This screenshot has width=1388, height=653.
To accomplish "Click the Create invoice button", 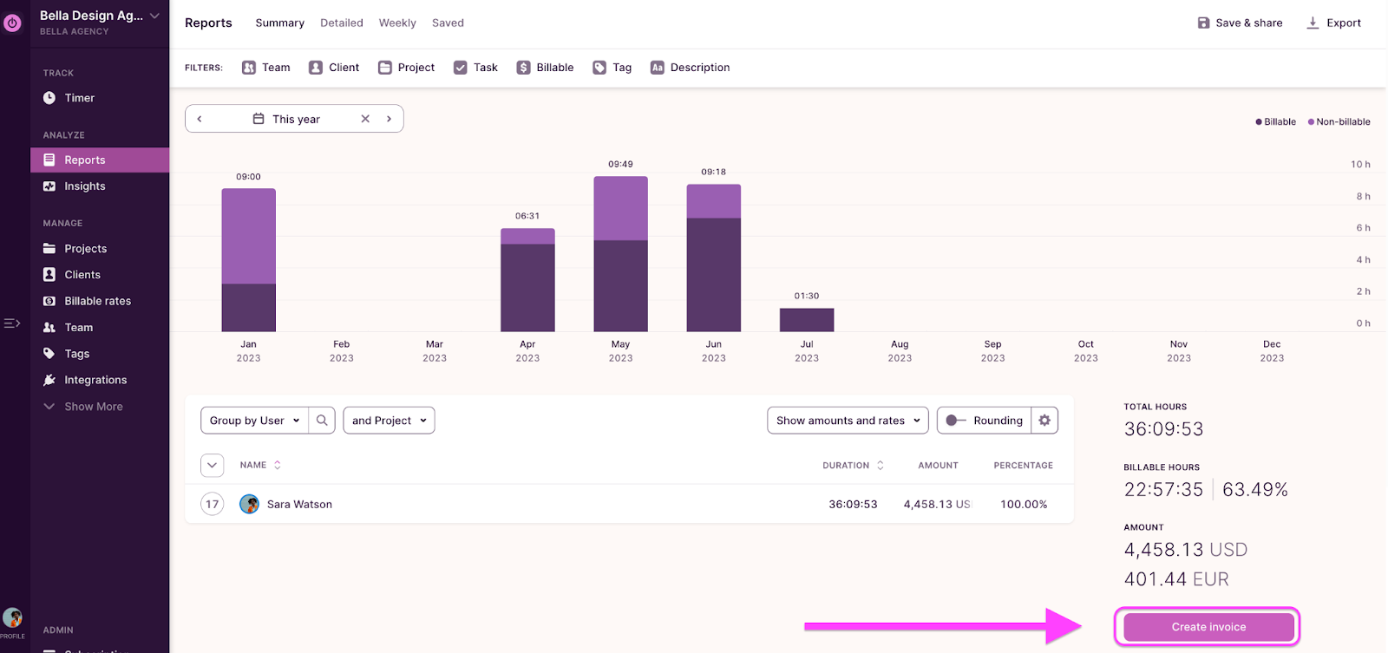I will coord(1208,627).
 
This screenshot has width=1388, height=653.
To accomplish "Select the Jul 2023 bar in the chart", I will coord(807,320).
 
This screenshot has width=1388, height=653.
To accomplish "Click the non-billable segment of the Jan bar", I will coord(248,236).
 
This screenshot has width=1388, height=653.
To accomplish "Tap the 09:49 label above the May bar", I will coord(620,164).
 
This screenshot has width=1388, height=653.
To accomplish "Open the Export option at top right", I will coord(1334,23).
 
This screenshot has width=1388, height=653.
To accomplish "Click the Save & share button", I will coord(1240,23).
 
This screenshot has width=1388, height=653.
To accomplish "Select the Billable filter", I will coord(546,68).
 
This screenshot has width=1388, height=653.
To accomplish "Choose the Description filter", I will coord(691,68).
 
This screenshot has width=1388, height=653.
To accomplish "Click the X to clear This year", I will coord(365,119).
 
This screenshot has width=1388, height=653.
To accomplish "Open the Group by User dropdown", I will coord(254,421).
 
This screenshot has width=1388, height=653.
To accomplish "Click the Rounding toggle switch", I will coord(956,421).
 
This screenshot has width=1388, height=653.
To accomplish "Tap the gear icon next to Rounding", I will coord(1044,421).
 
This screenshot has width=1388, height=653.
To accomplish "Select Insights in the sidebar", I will coord(85,186).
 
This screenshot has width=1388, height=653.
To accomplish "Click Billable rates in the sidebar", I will coord(97,301).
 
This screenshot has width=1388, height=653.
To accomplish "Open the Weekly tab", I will coord(397,23).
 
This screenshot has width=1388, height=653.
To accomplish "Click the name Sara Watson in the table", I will coord(299,504).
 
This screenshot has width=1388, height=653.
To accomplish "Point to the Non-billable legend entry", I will coord(1339,121).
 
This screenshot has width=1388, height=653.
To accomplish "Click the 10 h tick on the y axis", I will coord(1360,164).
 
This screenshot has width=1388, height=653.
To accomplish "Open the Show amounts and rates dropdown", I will coord(848,421).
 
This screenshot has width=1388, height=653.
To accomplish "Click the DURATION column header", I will coord(846,466).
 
